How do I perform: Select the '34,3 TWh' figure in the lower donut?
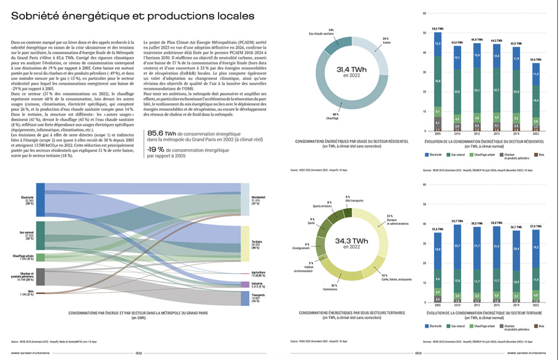pyautogui.click(x=352, y=241)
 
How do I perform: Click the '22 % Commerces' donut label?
pyautogui.click(x=333, y=287)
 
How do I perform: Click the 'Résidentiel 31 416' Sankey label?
pyautogui.click(x=258, y=199)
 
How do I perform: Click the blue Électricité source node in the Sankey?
pyautogui.click(x=41, y=200)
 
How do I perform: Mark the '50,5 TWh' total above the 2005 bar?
pyautogui.click(x=437, y=29)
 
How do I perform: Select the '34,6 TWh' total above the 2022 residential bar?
pyautogui.click(x=536, y=59)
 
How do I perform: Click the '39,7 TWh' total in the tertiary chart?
pyautogui.click(x=457, y=221)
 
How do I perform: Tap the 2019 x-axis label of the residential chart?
pyautogui.click(x=516, y=133)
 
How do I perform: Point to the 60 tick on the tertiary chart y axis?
pyautogui.click(x=424, y=185)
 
